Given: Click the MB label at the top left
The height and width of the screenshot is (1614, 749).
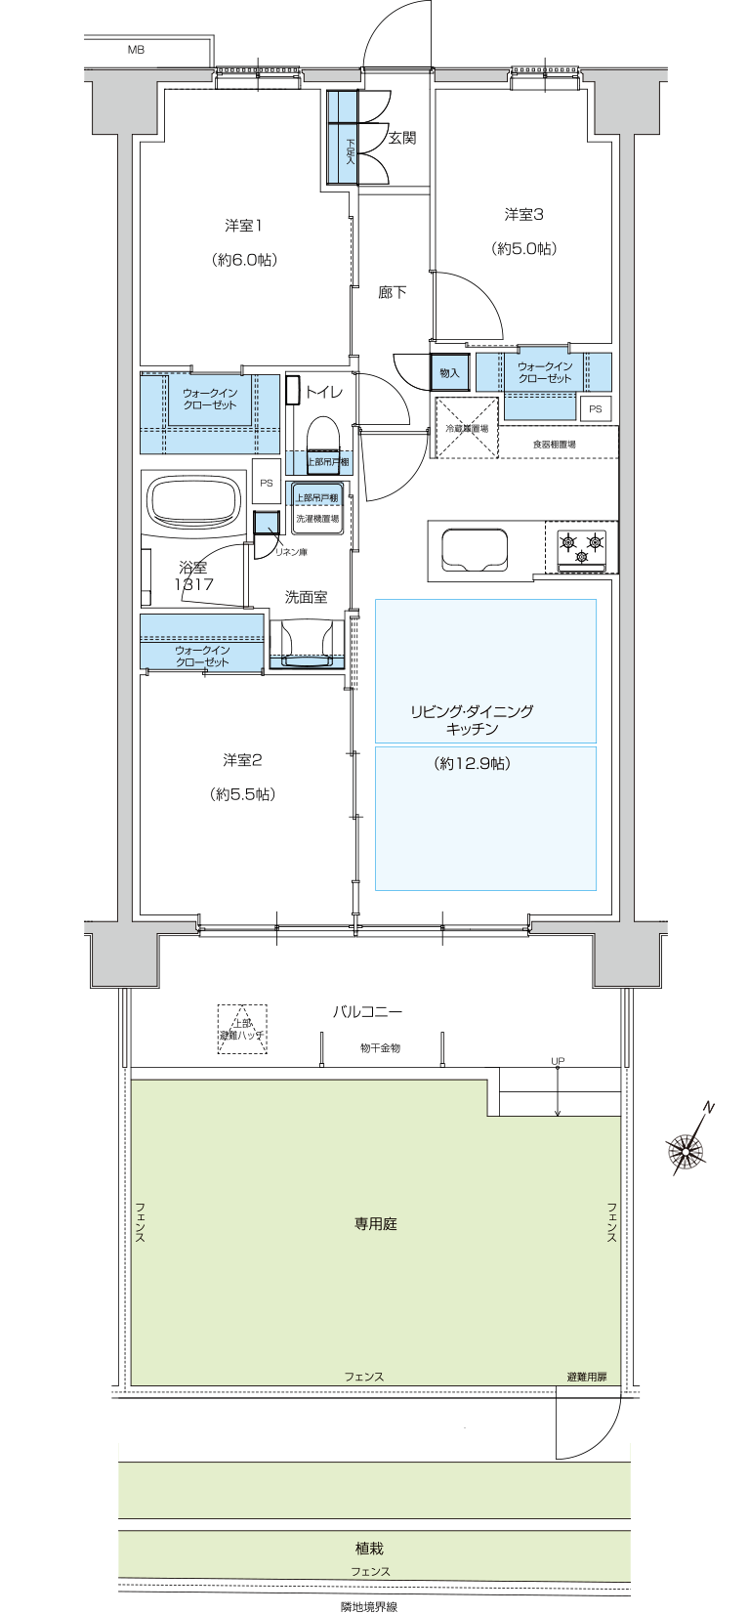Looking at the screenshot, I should tap(136, 49).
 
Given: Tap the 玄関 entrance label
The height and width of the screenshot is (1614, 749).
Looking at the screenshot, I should tap(402, 138).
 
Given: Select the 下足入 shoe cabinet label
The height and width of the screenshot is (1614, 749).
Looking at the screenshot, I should tap(350, 150).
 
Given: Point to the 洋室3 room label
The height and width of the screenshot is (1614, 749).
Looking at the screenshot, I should tap(523, 214).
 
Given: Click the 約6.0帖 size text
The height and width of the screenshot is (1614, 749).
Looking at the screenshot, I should tap(243, 260).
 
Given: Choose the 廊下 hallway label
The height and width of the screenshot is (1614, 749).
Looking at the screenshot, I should tap(393, 292).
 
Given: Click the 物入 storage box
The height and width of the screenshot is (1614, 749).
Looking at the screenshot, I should tap(449, 372).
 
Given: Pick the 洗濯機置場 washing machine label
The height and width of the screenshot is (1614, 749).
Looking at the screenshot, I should tap(317, 519).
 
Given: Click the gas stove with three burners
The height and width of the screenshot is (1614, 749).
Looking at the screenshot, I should tap(581, 548).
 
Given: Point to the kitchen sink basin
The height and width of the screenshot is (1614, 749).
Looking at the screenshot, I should tap(475, 549).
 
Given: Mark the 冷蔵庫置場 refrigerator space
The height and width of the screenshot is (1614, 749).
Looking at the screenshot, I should tap(466, 428).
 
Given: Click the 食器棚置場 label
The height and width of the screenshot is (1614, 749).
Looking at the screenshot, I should tap(554, 445).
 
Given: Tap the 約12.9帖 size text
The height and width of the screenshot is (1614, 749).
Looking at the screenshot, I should tap(472, 764).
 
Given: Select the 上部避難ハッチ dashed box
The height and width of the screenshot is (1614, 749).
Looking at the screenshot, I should tap(242, 1030).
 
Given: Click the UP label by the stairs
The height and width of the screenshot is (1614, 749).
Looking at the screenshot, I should tap(558, 1061).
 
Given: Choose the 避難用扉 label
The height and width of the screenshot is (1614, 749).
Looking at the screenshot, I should tap(586, 1377).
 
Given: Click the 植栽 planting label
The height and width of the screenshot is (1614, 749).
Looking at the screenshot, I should tap(369, 1549).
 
